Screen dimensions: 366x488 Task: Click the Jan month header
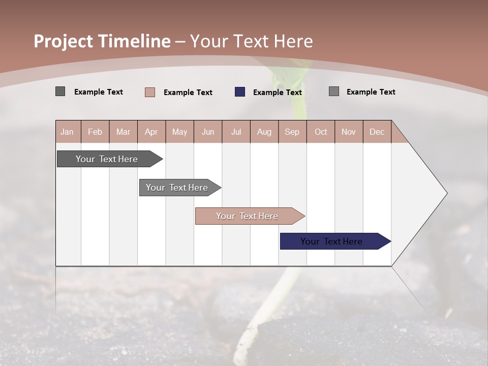click(67, 132)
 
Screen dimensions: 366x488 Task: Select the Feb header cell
click(95, 132)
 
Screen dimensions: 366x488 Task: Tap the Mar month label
click(123, 132)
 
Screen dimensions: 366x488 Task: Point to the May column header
click(179, 132)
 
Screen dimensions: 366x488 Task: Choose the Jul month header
click(236, 132)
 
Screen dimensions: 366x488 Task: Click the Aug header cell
click(264, 132)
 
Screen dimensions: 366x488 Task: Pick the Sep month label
click(292, 132)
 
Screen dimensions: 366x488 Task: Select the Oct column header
click(321, 132)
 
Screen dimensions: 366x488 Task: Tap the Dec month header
click(377, 132)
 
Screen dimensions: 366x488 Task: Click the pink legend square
click(149, 92)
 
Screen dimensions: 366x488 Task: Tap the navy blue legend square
click(240, 92)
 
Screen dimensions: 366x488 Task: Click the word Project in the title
click(63, 41)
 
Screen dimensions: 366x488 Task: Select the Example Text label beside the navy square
click(277, 93)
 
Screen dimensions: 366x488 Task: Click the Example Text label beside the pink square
click(188, 93)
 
